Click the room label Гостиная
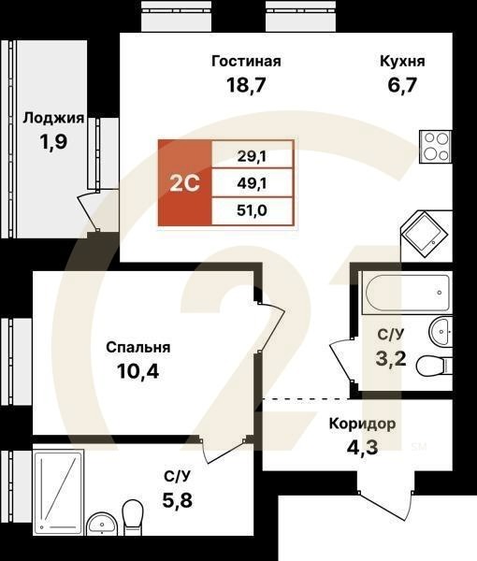pos(246,62)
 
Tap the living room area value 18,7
pos(246,87)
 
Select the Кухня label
pos(402,62)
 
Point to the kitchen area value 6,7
pos(402,87)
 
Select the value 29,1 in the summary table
pos(253,155)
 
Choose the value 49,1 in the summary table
pos(253,182)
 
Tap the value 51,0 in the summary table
pos(253,210)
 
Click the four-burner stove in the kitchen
pos(436,146)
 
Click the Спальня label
pos(137,348)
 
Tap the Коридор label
pos(362,424)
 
